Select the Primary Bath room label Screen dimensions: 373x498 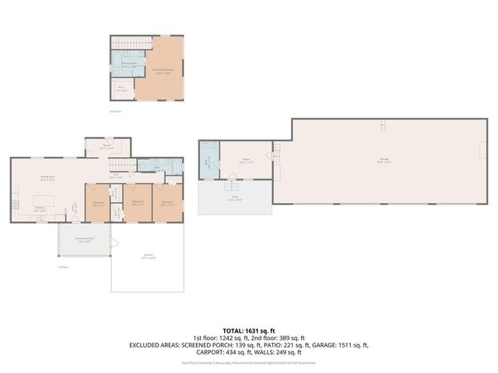pos(124,66)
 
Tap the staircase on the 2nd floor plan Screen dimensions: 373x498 pos(132,42)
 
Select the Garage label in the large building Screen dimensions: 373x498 pos(384,161)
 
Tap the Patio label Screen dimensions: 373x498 pos(233,198)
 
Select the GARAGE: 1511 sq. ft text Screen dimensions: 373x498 pos(339,344)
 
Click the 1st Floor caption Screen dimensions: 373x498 pos(63,267)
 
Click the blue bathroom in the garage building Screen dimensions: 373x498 pos(209,161)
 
